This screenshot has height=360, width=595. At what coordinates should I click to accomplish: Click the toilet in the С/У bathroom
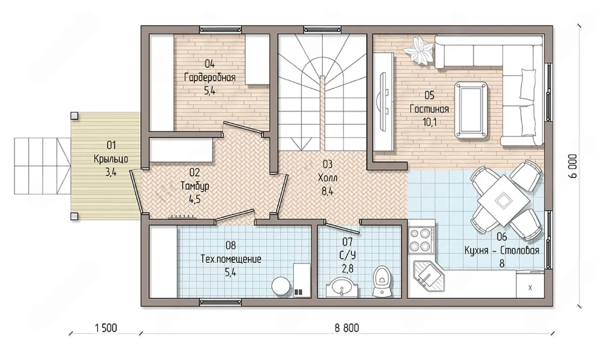pyautogui.click(x=382, y=281)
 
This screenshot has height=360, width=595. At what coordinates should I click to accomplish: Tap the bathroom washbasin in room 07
pyautogui.click(x=342, y=287)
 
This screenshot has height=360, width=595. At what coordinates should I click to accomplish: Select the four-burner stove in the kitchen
pyautogui.click(x=421, y=240)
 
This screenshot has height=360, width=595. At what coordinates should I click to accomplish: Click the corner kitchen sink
pyautogui.click(x=429, y=277)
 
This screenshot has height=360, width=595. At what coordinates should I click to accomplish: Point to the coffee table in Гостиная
pyautogui.click(x=471, y=110)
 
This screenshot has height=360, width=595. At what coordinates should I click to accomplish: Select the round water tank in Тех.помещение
pyautogui.click(x=281, y=286)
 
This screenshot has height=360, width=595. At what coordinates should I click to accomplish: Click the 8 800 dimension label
pyautogui.click(x=347, y=328)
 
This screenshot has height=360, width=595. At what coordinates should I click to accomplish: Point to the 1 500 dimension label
pyautogui.click(x=106, y=328)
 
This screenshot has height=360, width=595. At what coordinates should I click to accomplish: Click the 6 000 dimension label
pyautogui.click(x=573, y=166)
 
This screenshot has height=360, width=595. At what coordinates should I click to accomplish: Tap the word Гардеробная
pyautogui.click(x=210, y=78)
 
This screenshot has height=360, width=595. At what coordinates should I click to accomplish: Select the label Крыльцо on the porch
pyautogui.click(x=111, y=159)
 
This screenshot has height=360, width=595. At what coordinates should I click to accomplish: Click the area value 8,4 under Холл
pyautogui.click(x=327, y=191)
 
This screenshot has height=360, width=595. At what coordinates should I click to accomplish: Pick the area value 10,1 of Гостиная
pyautogui.click(x=429, y=122)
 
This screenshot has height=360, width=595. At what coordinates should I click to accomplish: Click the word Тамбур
pyautogui.click(x=195, y=186)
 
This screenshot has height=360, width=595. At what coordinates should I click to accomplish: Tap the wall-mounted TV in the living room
pyautogui.click(x=384, y=101)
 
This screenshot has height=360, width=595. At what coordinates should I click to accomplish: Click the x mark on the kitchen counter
pyautogui.click(x=530, y=288)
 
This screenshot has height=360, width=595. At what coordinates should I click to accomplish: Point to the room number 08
pyautogui.click(x=231, y=246)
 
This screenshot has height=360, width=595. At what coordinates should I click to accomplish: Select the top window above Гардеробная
pyautogui.click(x=220, y=30)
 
